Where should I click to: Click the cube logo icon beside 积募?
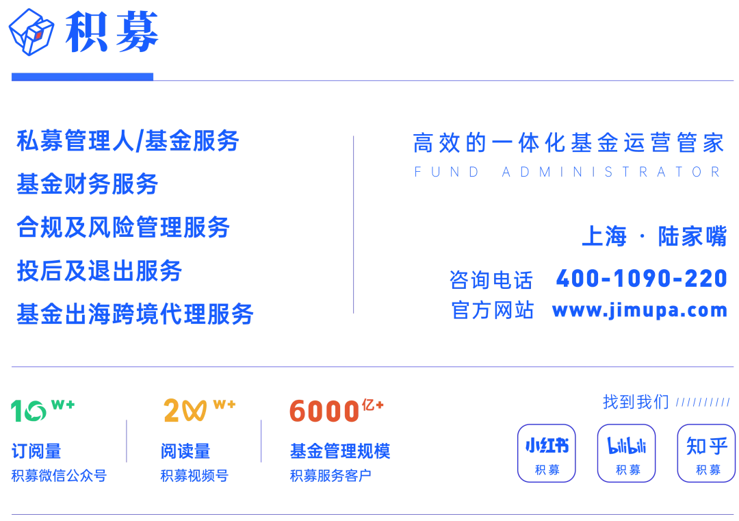(x=31, y=31)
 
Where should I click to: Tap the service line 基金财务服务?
(x=88, y=183)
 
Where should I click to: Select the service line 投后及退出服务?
(x=100, y=272)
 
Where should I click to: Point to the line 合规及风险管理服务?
(x=123, y=227)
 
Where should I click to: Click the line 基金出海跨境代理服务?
(x=136, y=314)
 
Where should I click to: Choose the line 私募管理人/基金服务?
(x=128, y=141)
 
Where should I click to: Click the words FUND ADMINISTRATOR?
(x=567, y=173)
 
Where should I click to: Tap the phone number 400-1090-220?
(x=641, y=279)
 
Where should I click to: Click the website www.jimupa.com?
(x=640, y=310)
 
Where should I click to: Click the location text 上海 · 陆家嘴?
(x=654, y=236)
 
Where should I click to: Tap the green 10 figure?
(x=31, y=410)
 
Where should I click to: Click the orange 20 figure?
(x=185, y=411)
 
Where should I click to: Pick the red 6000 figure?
(x=324, y=411)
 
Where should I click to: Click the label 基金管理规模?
(x=341, y=450)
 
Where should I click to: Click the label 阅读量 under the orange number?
(x=185, y=450)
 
